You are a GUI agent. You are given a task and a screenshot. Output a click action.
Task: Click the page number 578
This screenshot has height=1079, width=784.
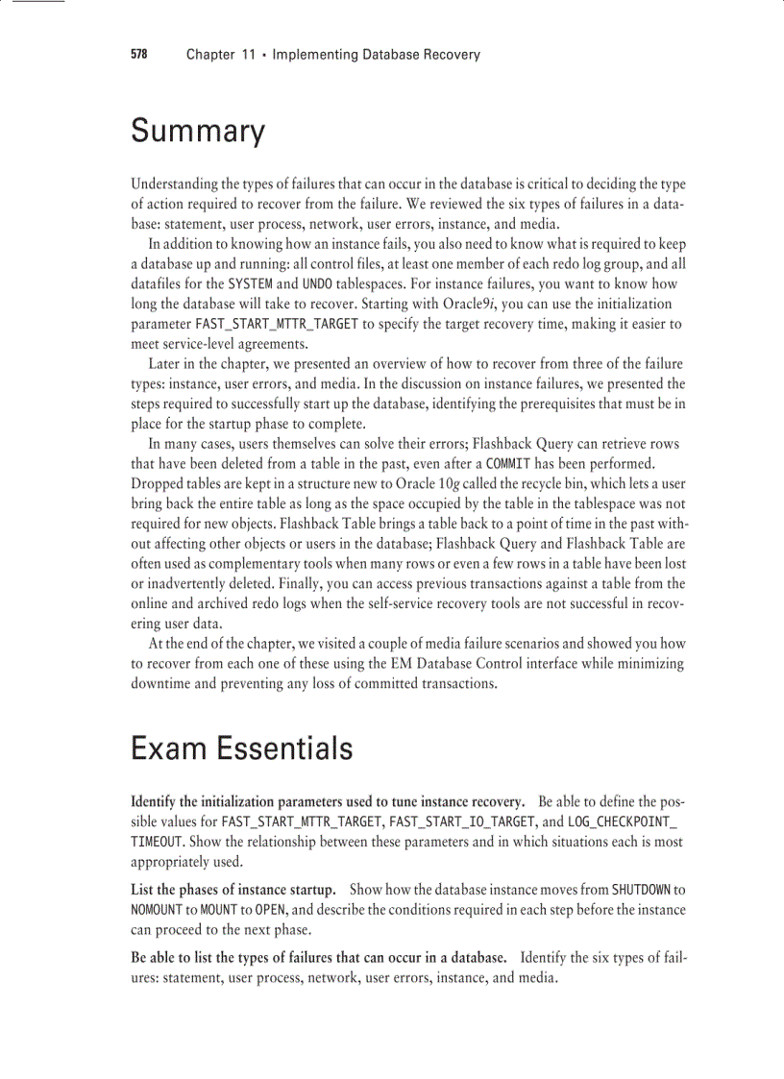coord(138,55)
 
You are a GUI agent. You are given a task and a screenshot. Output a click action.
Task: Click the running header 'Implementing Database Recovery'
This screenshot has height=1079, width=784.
coord(376,55)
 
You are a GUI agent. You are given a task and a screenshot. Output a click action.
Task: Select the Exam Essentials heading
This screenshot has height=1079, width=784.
coord(241,748)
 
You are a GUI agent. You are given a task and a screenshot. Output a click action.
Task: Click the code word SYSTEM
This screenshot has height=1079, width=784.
coord(252,284)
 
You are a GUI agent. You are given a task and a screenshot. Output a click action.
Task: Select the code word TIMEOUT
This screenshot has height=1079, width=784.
coord(157,842)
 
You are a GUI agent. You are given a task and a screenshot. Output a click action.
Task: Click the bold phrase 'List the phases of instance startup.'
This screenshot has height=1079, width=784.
coord(233,890)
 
